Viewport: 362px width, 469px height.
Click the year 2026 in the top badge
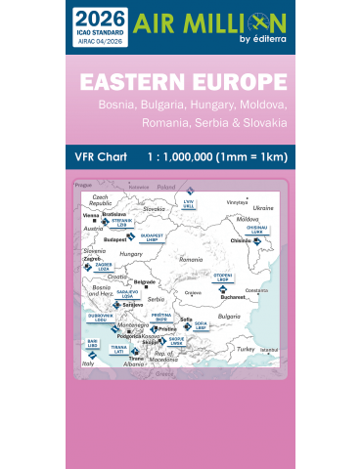tap(93, 17)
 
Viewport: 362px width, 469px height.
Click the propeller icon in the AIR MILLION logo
tap(262, 21)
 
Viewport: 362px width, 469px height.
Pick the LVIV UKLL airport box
tap(190, 204)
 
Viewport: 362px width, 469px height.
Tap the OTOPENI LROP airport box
tap(223, 278)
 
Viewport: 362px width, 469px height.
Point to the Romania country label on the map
tap(190, 259)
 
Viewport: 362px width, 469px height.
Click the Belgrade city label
tap(145, 282)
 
